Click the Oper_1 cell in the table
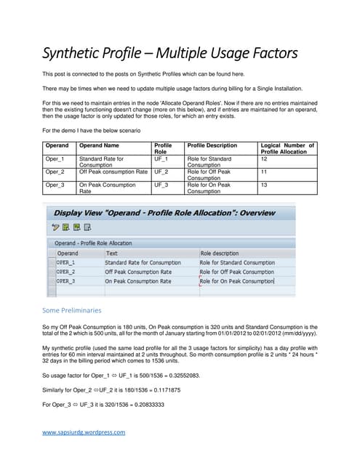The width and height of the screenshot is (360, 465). click(55, 158)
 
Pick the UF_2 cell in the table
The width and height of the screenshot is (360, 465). click(161, 171)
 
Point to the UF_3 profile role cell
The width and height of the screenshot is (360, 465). click(161, 185)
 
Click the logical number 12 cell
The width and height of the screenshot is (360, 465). click(264, 158)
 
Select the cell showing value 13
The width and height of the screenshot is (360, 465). click(264, 185)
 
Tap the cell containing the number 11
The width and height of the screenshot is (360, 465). click(264, 171)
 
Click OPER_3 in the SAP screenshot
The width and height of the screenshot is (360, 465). click(65, 280)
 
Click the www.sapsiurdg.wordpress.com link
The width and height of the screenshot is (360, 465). click(84, 432)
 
